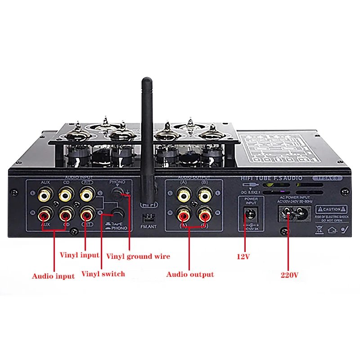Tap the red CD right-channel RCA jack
(x=66, y=215)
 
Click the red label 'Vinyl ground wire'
(x=138, y=256)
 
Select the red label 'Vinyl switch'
(x=103, y=274)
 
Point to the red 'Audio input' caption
(x=53, y=276)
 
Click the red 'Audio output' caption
(x=190, y=274)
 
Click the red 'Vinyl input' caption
(x=79, y=255)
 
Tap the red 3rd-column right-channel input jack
(x=87, y=215)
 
